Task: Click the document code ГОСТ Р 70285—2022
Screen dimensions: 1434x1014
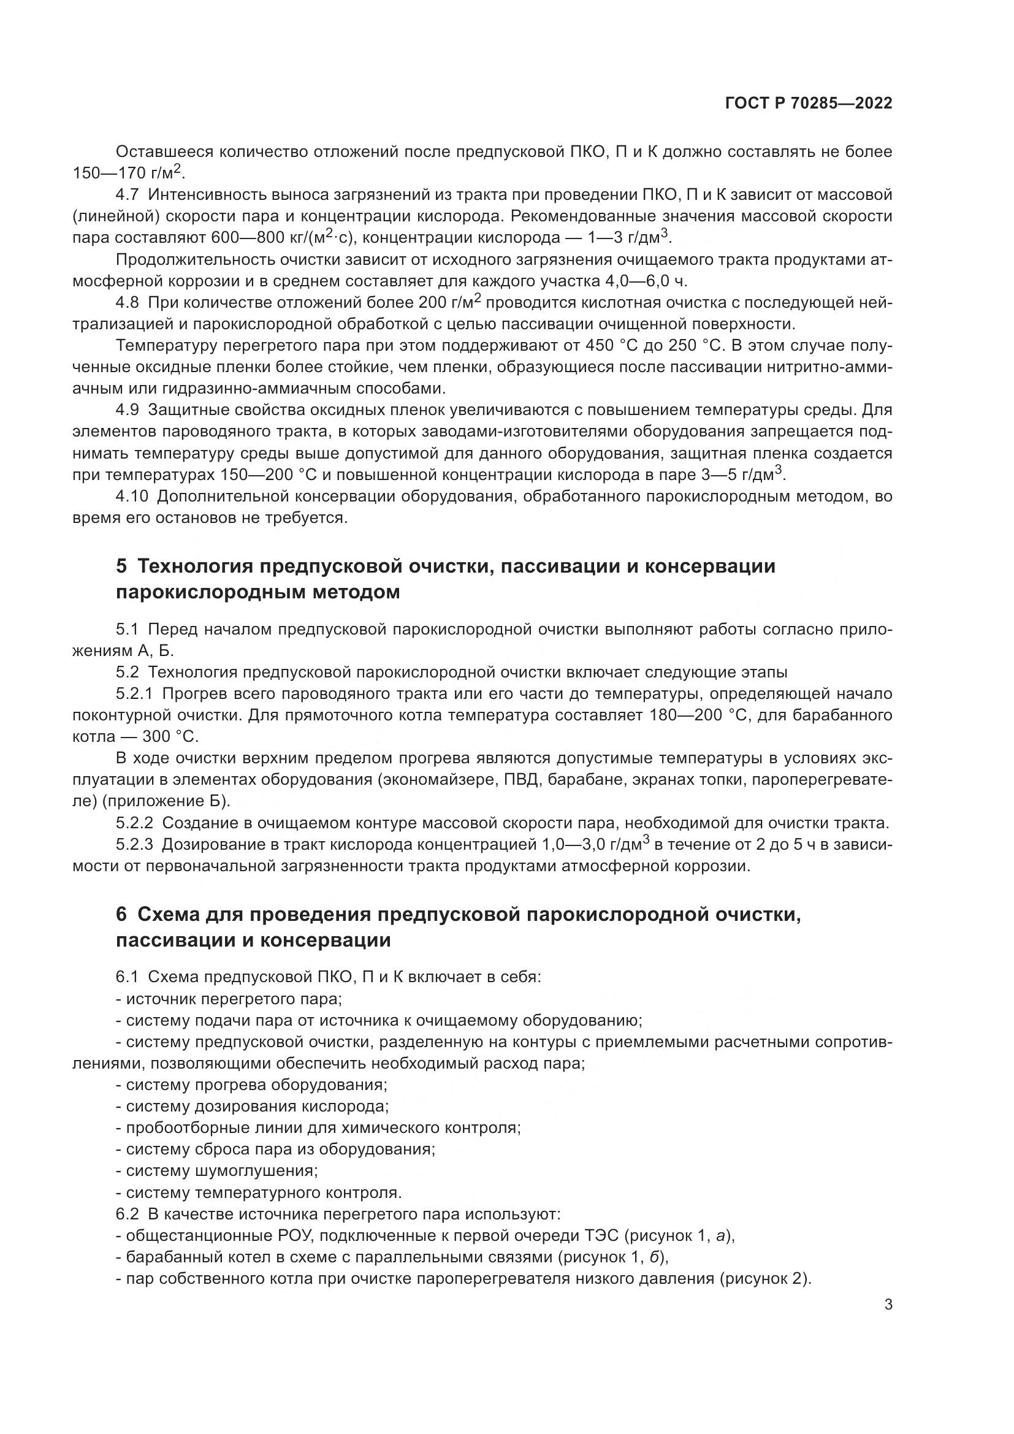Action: pos(808,104)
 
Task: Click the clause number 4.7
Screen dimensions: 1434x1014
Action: pos(129,195)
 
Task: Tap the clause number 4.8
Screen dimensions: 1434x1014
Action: pos(129,303)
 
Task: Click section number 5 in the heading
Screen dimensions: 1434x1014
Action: pos(121,566)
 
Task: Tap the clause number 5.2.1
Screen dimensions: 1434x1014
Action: pos(137,694)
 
